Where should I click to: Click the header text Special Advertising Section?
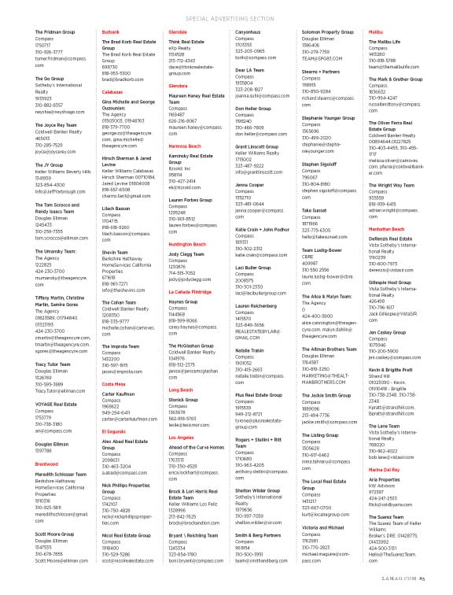[226, 17]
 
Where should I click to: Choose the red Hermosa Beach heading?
[185, 146]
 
